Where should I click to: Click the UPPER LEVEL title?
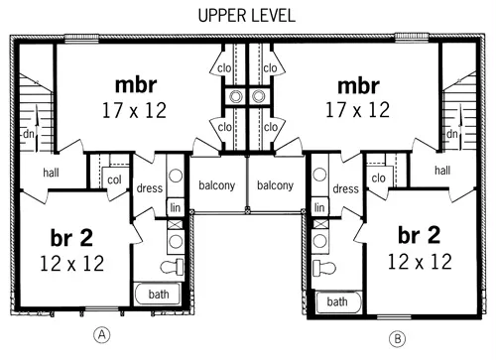(x=246, y=16)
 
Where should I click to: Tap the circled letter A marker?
(x=102, y=335)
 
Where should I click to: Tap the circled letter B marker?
(x=397, y=339)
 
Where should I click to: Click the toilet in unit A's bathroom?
(x=172, y=267)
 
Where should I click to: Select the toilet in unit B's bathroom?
(x=324, y=267)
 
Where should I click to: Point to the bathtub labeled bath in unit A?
(x=158, y=294)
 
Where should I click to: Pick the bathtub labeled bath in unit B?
(x=338, y=301)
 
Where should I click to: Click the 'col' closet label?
(x=114, y=180)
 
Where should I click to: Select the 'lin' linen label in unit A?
(x=175, y=207)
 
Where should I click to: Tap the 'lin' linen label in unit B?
(x=319, y=207)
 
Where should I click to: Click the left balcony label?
(x=217, y=185)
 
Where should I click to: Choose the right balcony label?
(x=275, y=185)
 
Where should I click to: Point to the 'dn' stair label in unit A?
(x=29, y=134)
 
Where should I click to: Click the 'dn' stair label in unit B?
(x=452, y=134)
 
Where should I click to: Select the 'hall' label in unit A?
(x=51, y=173)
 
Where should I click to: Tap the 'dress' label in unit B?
(x=345, y=188)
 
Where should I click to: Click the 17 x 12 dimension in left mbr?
(x=134, y=110)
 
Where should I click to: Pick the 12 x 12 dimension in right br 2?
(x=420, y=262)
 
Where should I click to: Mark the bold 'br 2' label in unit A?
(x=71, y=237)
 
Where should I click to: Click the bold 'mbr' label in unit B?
(x=358, y=86)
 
